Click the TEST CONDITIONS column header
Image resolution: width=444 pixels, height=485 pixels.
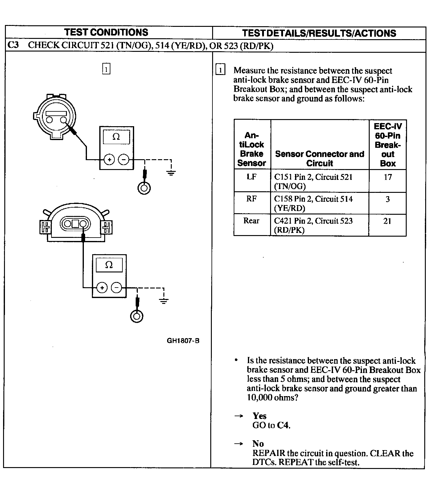point(106,32)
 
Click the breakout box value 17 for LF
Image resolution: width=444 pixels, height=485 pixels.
point(388,177)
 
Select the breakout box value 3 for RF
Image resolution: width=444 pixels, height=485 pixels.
point(388,199)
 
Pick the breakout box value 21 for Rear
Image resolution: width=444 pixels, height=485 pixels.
point(387,221)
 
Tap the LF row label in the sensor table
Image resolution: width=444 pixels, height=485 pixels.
point(252,177)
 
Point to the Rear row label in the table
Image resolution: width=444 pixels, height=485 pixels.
point(251,221)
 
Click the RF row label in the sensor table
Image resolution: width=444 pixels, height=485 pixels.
point(251,199)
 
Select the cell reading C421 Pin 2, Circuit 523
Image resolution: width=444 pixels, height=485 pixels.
point(313,225)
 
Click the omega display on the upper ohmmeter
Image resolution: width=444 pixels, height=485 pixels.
point(116,137)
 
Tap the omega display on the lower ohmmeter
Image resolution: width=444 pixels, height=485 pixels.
point(109,265)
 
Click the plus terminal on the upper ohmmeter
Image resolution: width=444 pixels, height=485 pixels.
point(109,160)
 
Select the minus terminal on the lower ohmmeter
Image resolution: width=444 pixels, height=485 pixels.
point(116,288)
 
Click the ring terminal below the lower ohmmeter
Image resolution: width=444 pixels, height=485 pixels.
point(137,316)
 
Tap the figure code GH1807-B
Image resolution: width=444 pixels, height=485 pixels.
point(183,341)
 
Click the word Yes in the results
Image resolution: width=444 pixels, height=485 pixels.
point(259,416)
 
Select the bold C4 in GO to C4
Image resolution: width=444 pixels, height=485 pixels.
point(283,425)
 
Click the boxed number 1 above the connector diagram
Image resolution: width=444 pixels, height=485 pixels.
point(106,69)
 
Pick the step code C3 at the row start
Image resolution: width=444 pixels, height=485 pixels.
point(13,45)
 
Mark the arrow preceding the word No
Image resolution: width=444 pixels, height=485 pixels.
point(238,444)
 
